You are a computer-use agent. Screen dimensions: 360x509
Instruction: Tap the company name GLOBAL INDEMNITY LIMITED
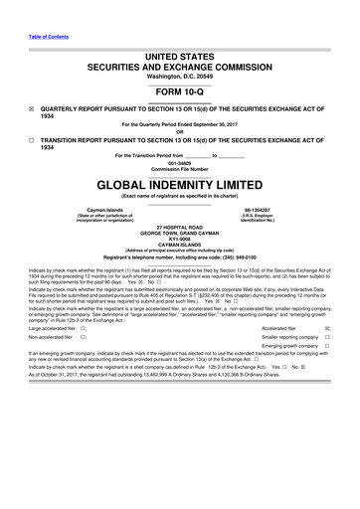(179, 185)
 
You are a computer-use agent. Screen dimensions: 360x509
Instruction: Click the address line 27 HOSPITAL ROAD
(179, 228)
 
